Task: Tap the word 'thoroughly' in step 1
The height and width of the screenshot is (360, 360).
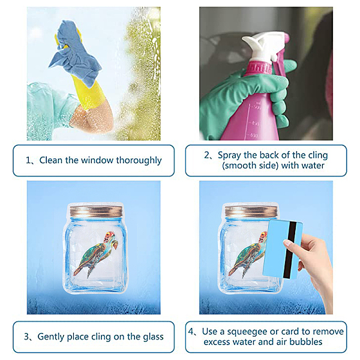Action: pyautogui.click(x=139, y=160)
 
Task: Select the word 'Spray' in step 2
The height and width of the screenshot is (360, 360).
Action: pyautogui.click(x=230, y=155)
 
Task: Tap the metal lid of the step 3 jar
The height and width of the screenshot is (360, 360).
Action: pyautogui.click(x=96, y=211)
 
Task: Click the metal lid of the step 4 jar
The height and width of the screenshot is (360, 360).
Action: pyautogui.click(x=250, y=211)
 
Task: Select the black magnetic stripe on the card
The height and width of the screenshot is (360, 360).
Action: pyautogui.click(x=289, y=250)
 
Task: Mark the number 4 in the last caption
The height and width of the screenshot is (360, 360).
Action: pyautogui.click(x=191, y=332)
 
